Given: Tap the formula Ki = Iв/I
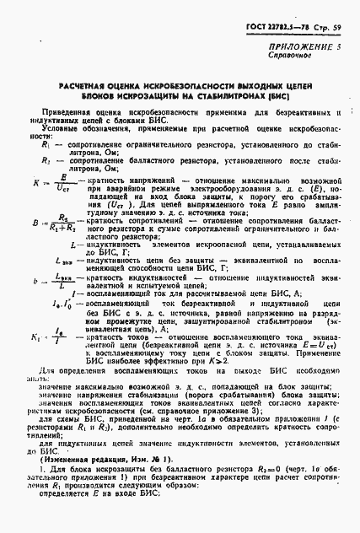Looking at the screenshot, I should (x=48, y=339).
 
